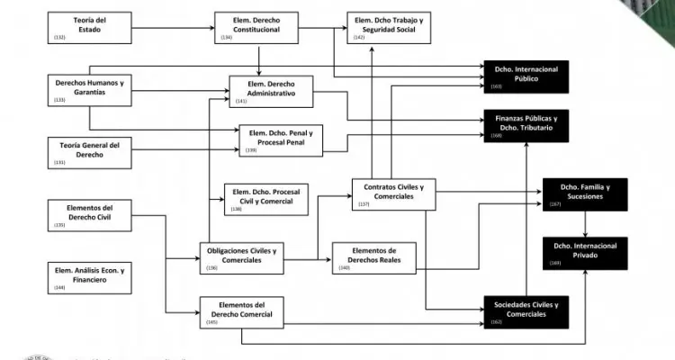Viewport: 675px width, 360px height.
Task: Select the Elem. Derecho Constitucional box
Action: (256, 28)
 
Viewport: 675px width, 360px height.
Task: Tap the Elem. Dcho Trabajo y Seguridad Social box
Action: (388, 28)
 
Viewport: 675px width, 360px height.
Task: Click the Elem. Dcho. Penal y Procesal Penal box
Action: (280, 140)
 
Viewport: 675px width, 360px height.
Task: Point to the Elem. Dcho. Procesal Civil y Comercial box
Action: (265, 199)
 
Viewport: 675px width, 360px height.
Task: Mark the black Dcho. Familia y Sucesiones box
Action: (584, 194)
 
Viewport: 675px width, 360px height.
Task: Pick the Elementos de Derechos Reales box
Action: (373, 256)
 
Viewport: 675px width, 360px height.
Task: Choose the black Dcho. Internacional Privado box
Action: (584, 255)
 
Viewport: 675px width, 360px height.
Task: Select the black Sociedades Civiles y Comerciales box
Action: (526, 311)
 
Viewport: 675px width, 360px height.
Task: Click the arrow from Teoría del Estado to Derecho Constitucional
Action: (174, 28)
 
